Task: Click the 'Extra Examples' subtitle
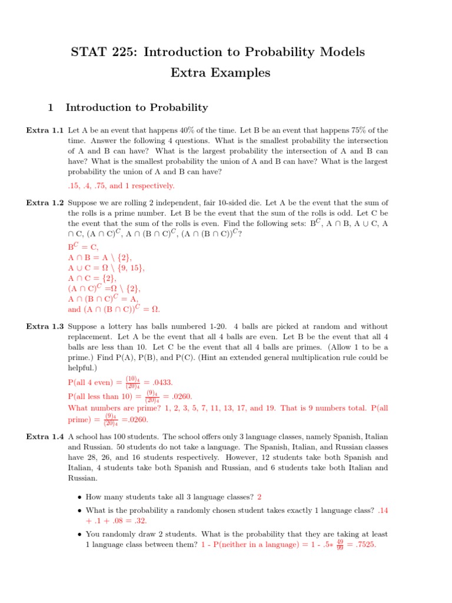[220, 73]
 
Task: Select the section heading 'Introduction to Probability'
[137, 107]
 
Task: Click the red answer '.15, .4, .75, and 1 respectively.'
[121, 185]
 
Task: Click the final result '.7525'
[363, 545]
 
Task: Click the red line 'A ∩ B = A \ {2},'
[100, 257]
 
